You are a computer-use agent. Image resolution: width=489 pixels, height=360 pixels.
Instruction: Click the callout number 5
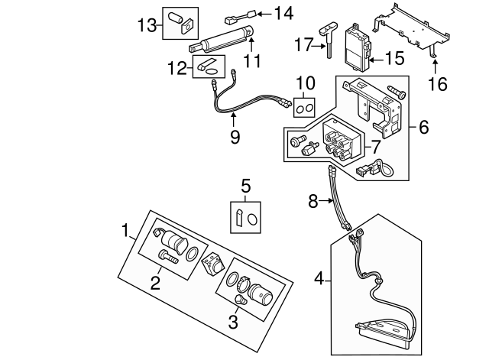pos(245,185)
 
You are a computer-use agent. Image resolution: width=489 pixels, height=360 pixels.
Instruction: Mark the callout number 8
pos(312,203)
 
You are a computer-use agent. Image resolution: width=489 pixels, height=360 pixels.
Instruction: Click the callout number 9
pos(235,137)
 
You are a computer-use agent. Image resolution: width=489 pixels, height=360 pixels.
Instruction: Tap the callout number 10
pos(305,82)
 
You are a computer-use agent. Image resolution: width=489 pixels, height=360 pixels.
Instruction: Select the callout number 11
pos(252,60)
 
